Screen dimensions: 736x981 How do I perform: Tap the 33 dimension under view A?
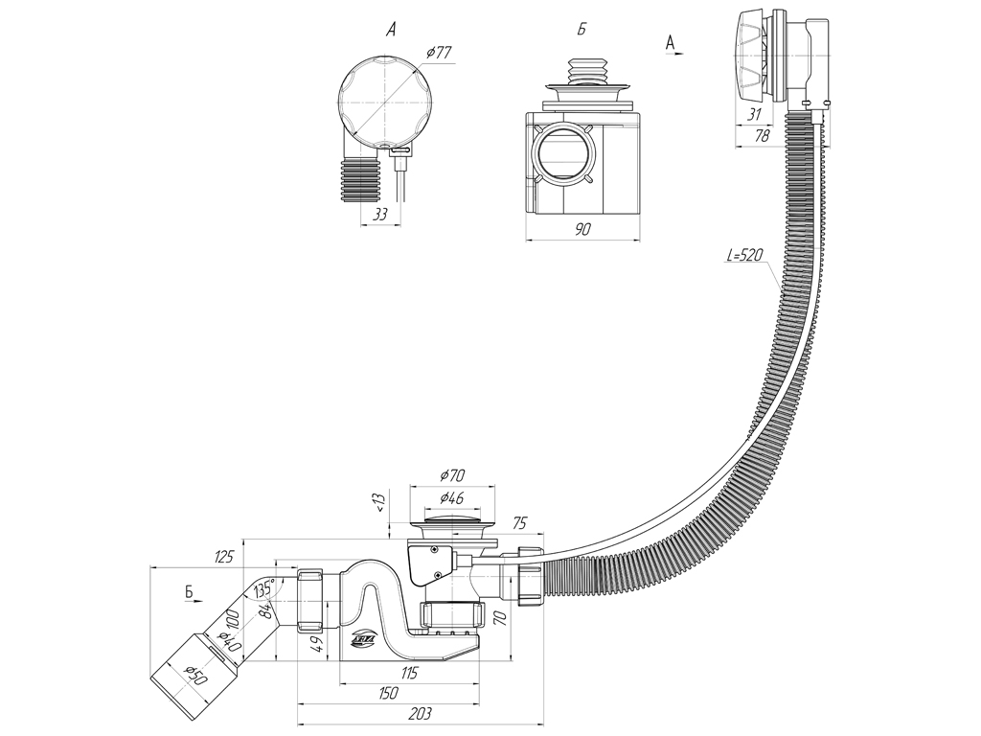coord(379,216)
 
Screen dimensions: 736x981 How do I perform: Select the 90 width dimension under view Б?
coord(583,229)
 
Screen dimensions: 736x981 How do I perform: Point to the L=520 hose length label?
coord(746,256)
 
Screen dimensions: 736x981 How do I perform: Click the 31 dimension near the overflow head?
coord(754,114)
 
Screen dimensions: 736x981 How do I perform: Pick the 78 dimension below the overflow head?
coord(763,138)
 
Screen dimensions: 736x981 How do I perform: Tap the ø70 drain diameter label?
coord(452,475)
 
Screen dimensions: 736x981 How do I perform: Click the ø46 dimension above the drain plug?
coord(452,498)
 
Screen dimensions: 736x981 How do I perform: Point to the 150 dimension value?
coord(387,692)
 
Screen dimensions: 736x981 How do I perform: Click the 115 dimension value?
coord(409,673)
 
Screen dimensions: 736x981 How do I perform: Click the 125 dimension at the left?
coord(225,557)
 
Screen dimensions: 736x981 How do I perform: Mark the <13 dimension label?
coord(379,505)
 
